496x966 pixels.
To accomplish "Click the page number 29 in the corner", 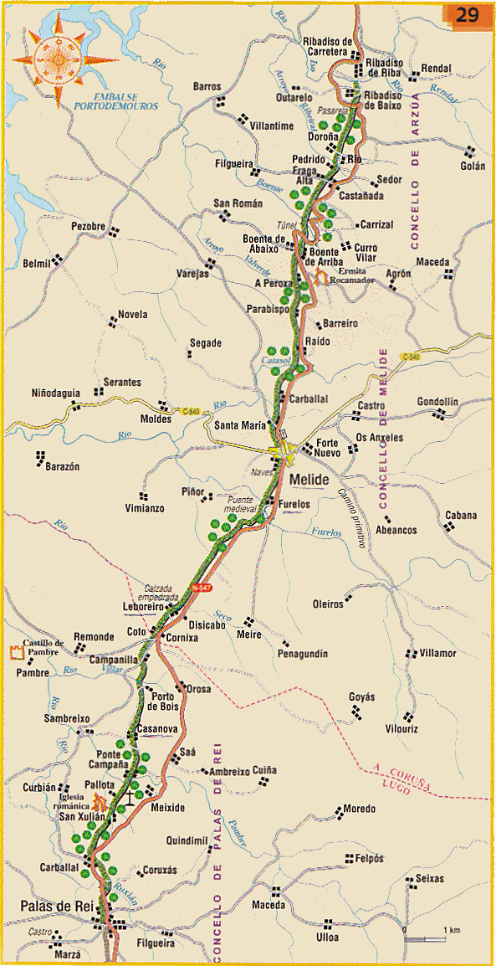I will (467, 15).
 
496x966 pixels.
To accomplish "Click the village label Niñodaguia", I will (56, 392).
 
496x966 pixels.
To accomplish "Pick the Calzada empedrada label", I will (168, 593).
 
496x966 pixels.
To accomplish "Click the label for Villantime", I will (272, 126).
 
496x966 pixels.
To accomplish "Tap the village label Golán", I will (472, 166).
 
